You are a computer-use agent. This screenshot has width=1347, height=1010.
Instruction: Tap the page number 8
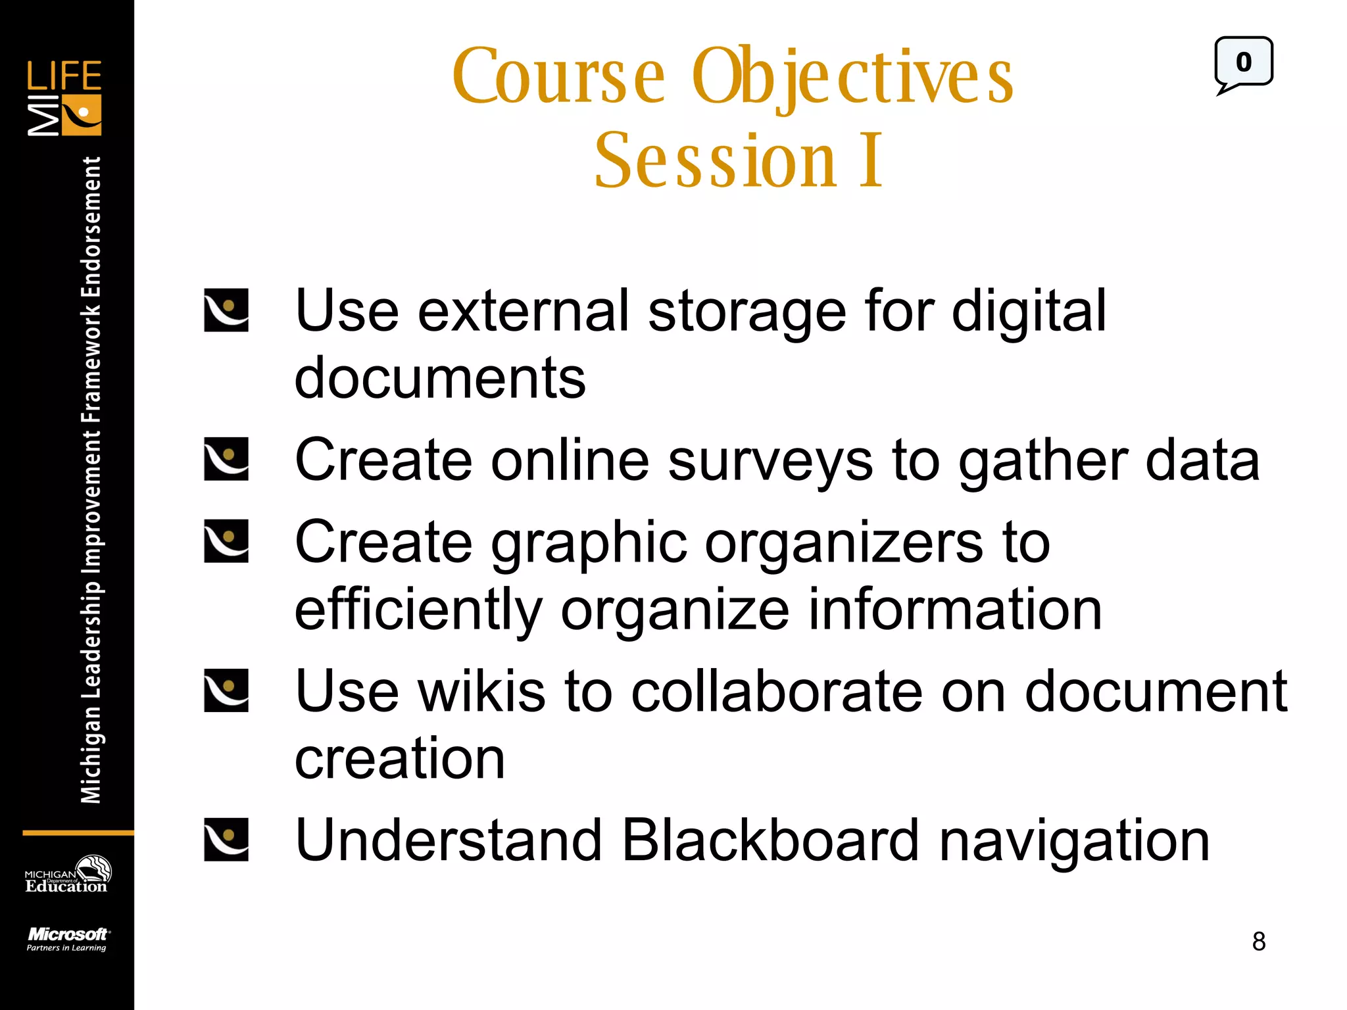tap(1258, 942)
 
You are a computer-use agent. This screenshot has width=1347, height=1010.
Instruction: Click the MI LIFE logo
tap(64, 98)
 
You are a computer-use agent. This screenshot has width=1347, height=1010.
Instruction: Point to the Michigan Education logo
tap(67, 875)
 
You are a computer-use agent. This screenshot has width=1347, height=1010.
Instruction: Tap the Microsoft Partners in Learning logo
tap(67, 939)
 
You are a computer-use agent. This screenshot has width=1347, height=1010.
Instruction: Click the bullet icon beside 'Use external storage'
tap(226, 310)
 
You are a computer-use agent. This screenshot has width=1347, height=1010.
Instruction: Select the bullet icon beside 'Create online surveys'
tap(226, 459)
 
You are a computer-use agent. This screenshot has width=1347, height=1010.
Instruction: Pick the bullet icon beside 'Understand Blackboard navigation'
tap(226, 840)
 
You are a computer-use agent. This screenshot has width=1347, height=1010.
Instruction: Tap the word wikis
tap(481, 691)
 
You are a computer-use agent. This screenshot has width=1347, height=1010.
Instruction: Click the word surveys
tap(770, 460)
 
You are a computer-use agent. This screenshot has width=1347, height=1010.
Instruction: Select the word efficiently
tap(418, 612)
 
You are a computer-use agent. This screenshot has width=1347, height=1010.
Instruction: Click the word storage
tap(747, 312)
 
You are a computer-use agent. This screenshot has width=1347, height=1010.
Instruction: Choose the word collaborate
tap(777, 691)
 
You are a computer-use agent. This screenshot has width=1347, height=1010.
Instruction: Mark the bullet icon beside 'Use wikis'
tap(226, 690)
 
